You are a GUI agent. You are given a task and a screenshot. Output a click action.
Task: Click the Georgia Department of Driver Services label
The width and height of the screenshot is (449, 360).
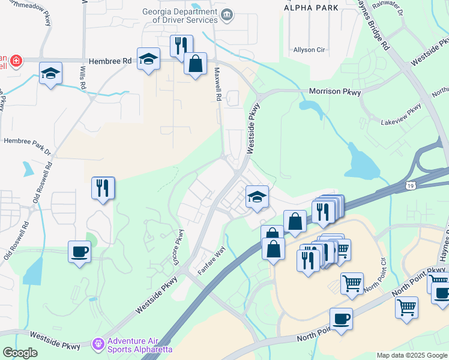179,15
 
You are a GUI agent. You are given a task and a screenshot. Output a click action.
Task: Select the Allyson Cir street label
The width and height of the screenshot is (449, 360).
309,50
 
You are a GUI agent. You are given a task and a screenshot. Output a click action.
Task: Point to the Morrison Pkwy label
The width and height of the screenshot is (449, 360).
335,92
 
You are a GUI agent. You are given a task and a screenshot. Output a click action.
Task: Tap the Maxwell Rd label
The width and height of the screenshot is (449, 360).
218,84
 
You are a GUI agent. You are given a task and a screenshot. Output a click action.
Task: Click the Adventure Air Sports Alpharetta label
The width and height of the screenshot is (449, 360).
140,345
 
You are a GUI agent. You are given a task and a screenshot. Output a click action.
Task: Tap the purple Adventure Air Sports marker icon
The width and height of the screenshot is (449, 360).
97,344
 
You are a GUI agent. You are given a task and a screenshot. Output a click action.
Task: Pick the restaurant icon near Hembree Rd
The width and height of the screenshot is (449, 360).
181,46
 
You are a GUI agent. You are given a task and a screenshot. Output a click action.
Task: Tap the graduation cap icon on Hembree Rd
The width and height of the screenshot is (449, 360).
148,59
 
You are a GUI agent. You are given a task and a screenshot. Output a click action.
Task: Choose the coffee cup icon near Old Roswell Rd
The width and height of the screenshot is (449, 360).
79,251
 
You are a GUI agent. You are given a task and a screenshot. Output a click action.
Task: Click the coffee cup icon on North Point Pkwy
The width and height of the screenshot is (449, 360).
341,319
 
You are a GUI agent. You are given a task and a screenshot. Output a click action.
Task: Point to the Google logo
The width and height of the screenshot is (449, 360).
20,353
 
